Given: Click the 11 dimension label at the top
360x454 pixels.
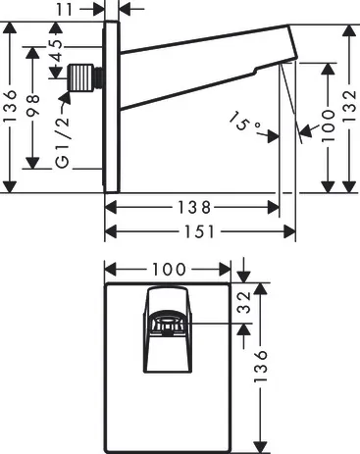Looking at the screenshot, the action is [65, 9].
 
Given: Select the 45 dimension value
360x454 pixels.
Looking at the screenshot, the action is [57, 51].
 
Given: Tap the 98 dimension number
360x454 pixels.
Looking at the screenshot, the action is [33, 105].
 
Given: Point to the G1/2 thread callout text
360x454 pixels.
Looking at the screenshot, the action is [63, 141].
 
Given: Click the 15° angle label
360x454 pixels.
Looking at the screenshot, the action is [243, 123].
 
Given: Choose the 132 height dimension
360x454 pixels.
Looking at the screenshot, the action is [349, 106].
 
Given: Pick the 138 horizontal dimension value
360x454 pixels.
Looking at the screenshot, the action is [194, 207].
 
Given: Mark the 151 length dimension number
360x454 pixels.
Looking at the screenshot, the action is [199, 231].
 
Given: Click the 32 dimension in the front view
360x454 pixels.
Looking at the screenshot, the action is [244, 302].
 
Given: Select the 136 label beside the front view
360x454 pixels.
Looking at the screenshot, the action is [261, 366].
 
